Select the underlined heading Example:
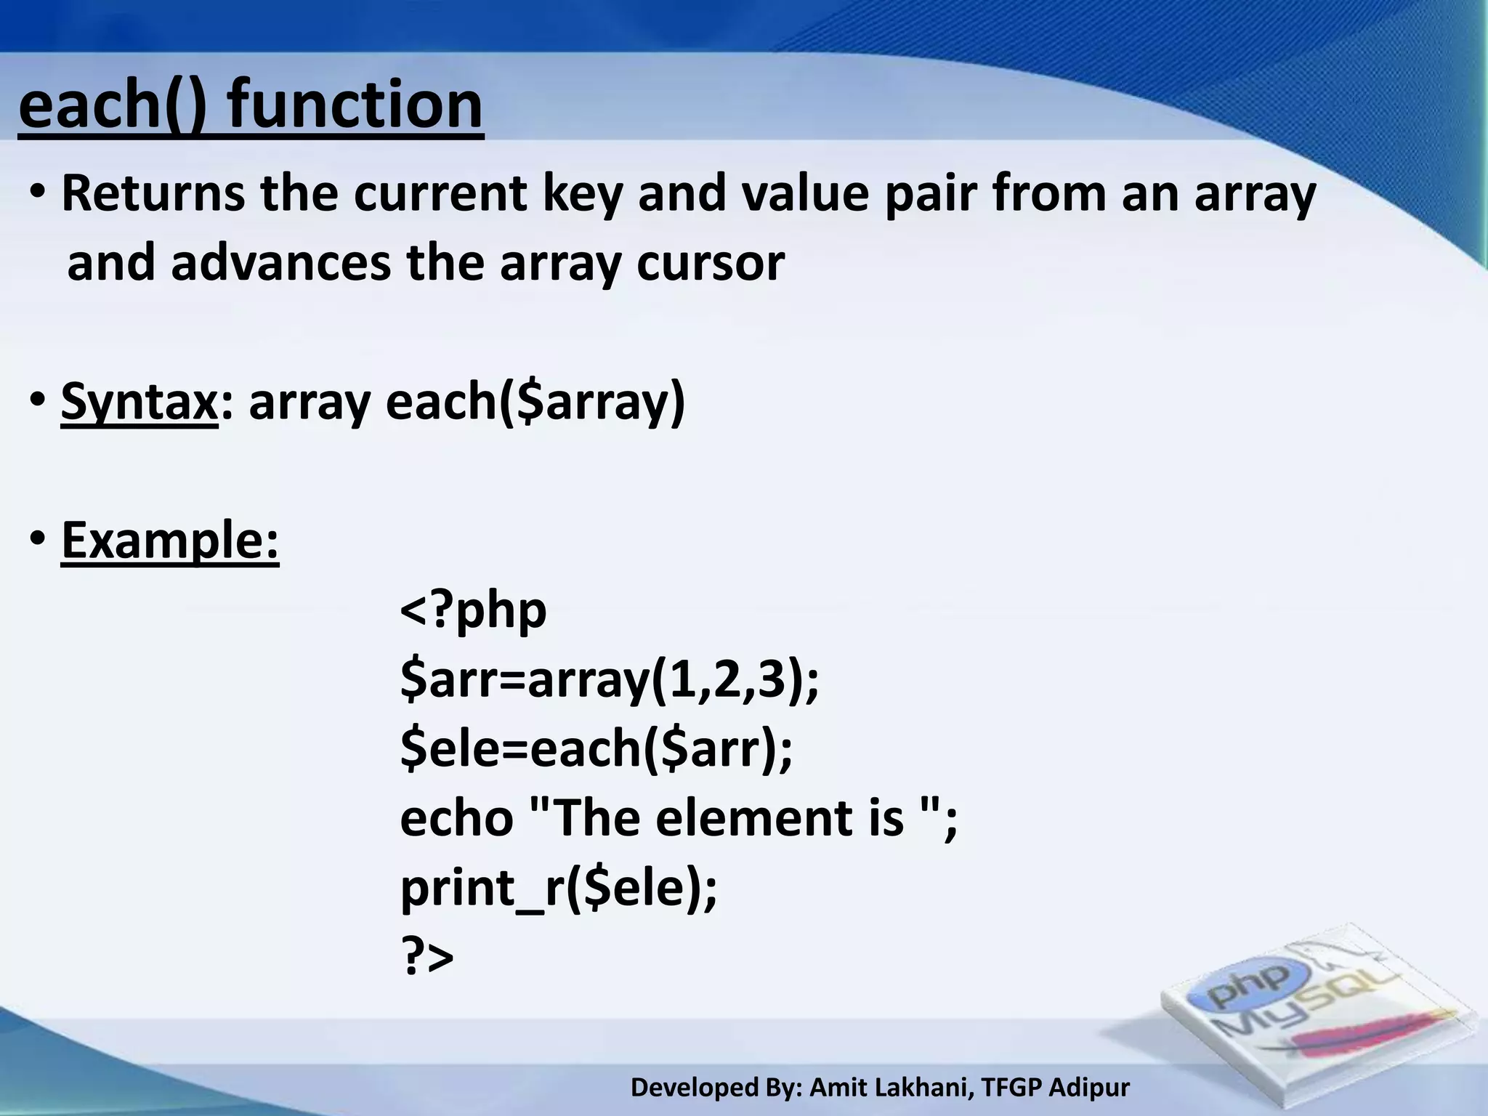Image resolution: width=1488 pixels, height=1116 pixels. (170, 540)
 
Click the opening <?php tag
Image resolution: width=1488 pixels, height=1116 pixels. (473, 610)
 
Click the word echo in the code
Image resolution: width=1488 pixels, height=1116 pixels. (457, 817)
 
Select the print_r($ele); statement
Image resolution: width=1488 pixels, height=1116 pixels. (558, 887)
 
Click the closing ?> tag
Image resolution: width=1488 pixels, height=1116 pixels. (426, 956)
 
